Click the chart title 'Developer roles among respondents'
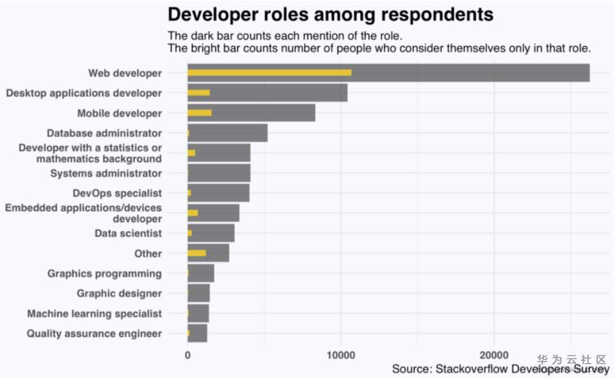[330, 14]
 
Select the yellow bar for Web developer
[269, 72]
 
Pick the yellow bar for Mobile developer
[200, 113]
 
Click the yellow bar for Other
[197, 253]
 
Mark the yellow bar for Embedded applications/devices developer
[193, 213]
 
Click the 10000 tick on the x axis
[341, 355]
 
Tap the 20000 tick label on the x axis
[494, 355]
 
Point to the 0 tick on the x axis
[188, 355]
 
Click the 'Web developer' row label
[125, 73]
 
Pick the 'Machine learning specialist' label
[94, 314]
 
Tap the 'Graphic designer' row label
[119, 293]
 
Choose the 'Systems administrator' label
[106, 173]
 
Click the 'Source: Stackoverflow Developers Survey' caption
[500, 369]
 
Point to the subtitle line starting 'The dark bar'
[285, 35]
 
